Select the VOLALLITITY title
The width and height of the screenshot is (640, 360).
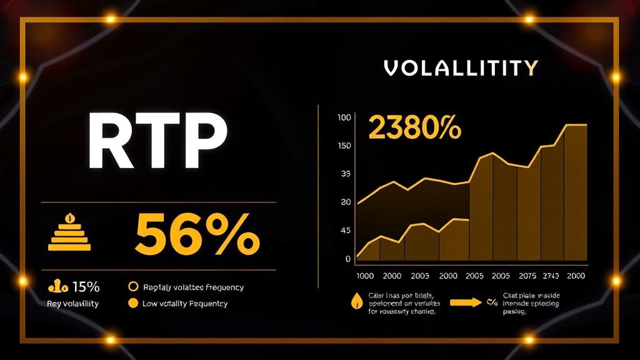point(461,67)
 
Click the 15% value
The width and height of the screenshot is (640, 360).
point(86,287)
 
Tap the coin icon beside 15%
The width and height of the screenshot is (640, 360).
point(57,287)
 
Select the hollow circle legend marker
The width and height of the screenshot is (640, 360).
point(132,287)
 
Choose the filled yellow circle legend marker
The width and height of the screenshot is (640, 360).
point(132,304)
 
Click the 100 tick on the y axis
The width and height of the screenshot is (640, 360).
point(344,117)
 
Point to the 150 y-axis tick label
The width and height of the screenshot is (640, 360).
point(344,146)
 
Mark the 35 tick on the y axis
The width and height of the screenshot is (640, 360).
point(346,174)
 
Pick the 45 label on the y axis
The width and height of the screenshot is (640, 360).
point(346,231)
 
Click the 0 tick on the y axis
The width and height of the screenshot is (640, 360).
point(347,259)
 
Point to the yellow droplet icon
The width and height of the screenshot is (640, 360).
point(357,301)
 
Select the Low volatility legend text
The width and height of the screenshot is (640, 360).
point(185,304)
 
